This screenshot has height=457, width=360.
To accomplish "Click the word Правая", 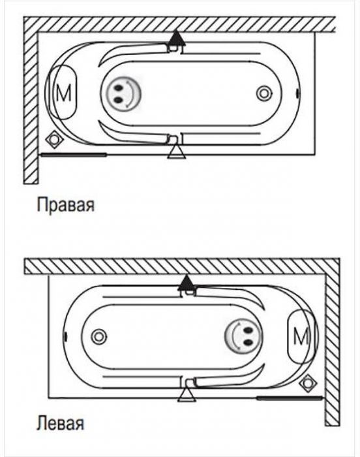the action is (x=65, y=206).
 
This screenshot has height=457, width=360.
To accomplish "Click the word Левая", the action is (x=60, y=423).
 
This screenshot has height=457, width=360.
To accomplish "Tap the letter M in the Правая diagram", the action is (x=63, y=93).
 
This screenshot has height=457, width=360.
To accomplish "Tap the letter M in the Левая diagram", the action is (x=301, y=336).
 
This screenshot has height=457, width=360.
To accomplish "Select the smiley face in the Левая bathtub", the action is (x=243, y=337).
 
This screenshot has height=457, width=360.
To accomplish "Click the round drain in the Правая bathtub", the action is (x=265, y=93).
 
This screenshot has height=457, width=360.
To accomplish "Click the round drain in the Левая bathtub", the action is (x=99, y=337).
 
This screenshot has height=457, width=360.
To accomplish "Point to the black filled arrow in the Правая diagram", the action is (x=175, y=38).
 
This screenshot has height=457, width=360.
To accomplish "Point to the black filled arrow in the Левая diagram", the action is (x=185, y=282).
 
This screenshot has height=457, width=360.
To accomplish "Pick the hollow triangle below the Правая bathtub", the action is (x=177, y=152).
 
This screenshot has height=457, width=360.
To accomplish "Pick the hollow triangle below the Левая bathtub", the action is (x=187, y=395).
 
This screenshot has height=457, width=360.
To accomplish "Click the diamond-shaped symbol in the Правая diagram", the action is (x=53, y=139).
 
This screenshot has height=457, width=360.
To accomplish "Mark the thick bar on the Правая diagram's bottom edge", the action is (x=74, y=155).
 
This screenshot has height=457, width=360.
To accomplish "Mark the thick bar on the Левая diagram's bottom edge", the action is (x=289, y=398).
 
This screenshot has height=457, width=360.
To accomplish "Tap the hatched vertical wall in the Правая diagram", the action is (x=31, y=108).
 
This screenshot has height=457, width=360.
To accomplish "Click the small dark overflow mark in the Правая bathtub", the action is (x=297, y=93).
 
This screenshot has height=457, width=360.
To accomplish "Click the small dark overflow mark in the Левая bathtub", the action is (x=66, y=337).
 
